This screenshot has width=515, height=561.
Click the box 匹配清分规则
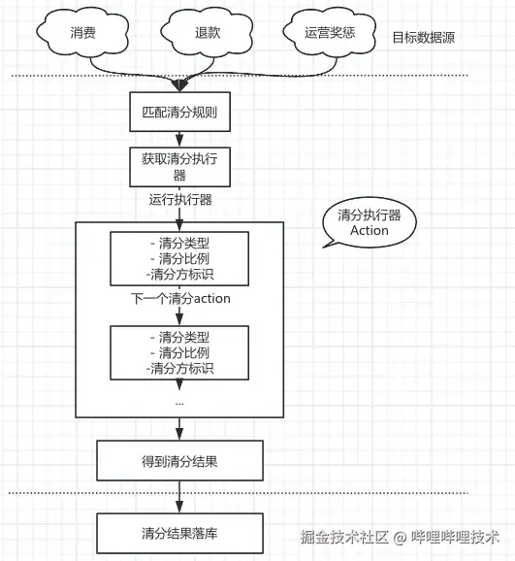pos(179,112)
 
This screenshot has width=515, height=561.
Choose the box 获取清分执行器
pos(179,167)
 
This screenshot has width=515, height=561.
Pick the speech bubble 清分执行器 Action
pos(368,224)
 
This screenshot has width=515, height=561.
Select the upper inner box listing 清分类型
pos(179,258)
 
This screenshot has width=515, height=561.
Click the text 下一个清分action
pos(179,298)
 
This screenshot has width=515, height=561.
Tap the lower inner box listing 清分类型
pos(179,351)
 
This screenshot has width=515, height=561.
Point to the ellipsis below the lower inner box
pos(179,399)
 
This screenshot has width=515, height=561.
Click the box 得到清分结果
pos(179,460)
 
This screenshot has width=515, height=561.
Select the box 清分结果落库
pos(179,533)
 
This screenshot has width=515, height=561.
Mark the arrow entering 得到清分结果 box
pos(179,428)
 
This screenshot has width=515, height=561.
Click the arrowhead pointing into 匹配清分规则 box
pos(179,86)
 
